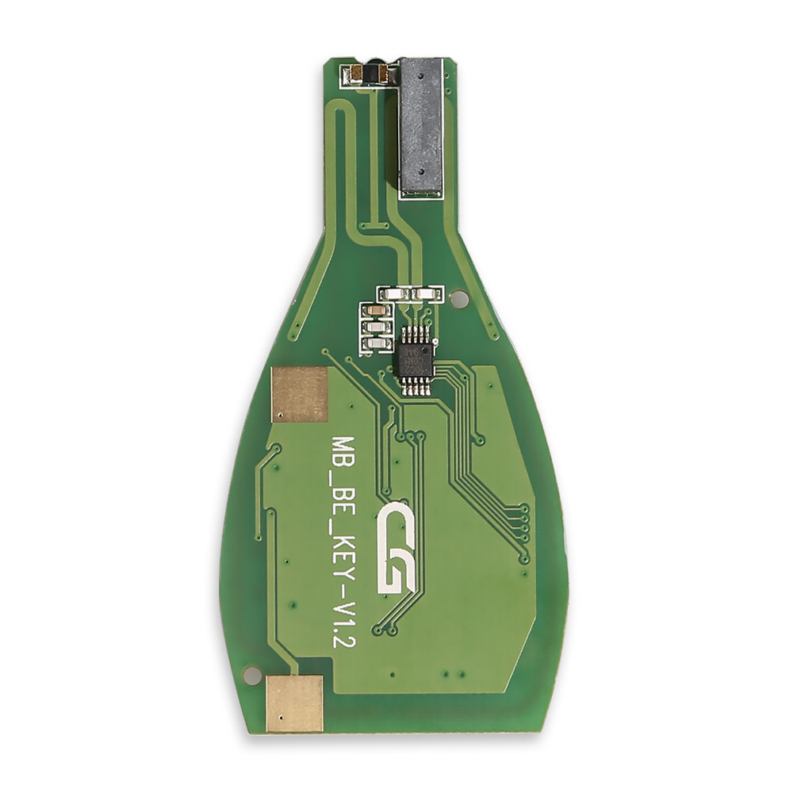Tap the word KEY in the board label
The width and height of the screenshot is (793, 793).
[x=343, y=550]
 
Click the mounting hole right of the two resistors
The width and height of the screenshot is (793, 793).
[x=458, y=300]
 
